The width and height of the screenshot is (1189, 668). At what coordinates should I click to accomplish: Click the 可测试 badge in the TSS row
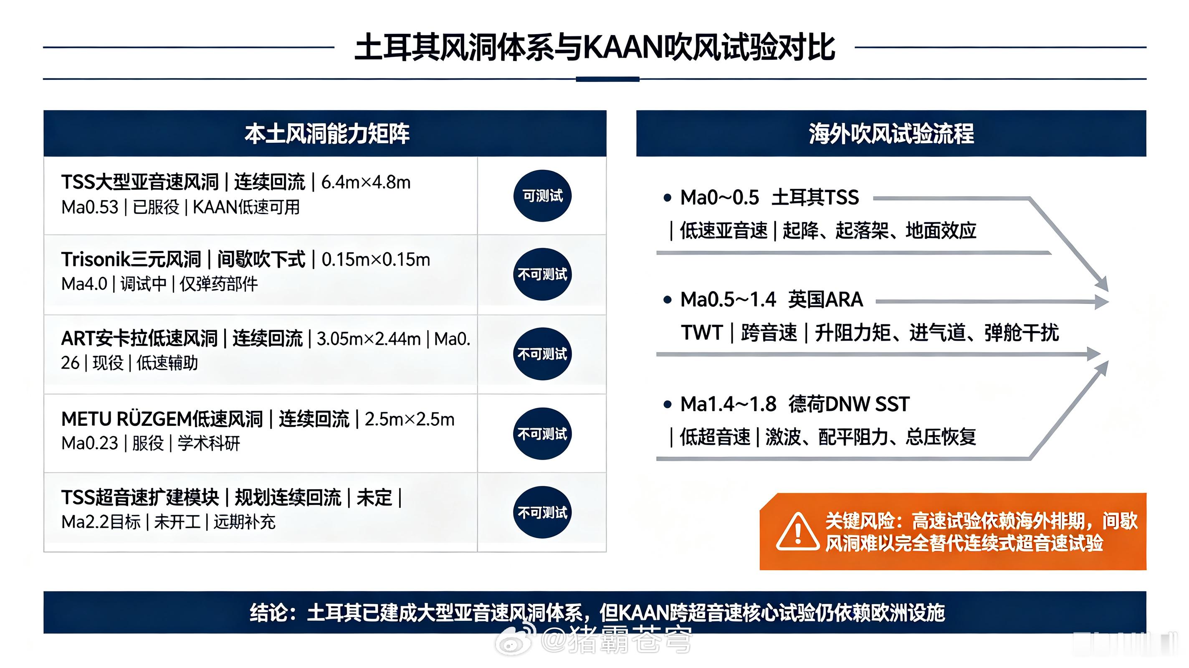click(542, 196)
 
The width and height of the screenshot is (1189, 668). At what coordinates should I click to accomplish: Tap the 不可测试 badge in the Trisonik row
click(542, 274)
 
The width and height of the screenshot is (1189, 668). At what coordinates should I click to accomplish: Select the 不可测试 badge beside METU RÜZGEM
click(542, 433)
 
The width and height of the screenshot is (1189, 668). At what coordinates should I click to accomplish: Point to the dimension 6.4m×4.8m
click(366, 182)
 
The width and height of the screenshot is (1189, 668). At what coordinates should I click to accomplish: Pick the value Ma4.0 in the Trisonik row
click(84, 283)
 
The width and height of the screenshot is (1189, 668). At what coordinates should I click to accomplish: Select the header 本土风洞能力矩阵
click(327, 134)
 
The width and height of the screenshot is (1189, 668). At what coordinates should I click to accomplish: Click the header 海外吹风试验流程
click(891, 134)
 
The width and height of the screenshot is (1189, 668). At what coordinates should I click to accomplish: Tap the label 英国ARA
click(825, 300)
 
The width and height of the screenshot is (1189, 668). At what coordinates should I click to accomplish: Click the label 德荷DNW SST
click(849, 405)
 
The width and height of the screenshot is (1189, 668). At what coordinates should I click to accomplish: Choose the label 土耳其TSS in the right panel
click(815, 197)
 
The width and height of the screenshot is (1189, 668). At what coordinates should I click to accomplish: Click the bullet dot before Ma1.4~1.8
click(667, 405)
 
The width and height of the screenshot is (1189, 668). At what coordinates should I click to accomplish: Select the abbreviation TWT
click(701, 332)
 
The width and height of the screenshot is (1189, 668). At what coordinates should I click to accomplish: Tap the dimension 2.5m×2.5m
click(410, 419)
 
